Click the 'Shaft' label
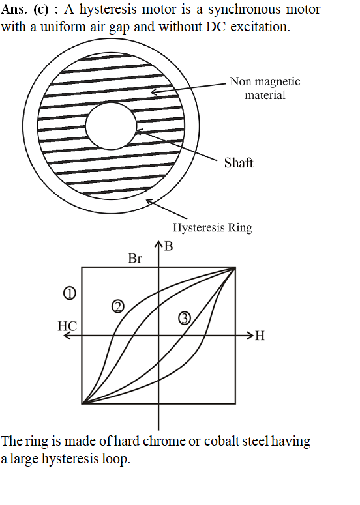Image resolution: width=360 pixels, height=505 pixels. [239, 163]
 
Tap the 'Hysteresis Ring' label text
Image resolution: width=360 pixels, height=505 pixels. [213, 227]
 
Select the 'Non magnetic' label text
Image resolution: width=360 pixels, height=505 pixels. [265, 81]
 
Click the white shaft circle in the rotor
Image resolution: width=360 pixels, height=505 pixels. [111, 126]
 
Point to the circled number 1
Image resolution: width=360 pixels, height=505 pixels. [70, 293]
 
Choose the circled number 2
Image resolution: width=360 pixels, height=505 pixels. [117, 307]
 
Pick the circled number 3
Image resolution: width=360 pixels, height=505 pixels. [185, 319]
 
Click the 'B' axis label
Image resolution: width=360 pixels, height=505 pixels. [168, 246]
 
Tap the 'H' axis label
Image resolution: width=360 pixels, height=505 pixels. [260, 336]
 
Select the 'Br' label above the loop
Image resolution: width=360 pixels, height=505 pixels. [135, 258]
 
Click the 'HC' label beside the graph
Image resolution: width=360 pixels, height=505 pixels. [67, 326]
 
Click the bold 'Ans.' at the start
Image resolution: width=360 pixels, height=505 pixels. [14, 9]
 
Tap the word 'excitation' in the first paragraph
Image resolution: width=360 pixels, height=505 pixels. [260, 27]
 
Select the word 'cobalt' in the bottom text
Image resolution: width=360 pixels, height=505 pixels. [222, 441]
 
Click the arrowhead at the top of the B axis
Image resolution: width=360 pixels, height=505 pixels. [158, 244]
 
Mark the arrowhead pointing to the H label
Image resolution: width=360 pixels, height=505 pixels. [250, 336]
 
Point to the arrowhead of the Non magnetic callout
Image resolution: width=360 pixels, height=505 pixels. [154, 92]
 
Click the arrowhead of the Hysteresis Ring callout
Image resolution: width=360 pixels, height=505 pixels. [149, 202]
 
